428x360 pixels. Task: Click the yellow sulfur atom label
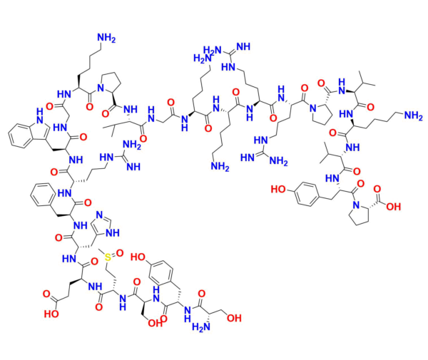108,257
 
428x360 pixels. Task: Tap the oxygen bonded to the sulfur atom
120,253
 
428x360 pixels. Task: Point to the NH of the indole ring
39,115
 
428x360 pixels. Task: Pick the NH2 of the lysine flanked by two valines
413,116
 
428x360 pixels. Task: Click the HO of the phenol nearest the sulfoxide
138,257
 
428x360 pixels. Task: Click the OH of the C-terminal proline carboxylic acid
393,207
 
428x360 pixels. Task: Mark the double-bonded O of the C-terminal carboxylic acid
377,189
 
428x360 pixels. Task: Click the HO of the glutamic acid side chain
51,314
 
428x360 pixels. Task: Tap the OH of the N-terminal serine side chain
234,318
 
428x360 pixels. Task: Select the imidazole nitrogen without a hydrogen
99,215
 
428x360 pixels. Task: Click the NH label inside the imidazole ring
113,232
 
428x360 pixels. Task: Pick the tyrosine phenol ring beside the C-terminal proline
307,194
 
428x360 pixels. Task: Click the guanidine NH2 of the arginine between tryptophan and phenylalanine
132,145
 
